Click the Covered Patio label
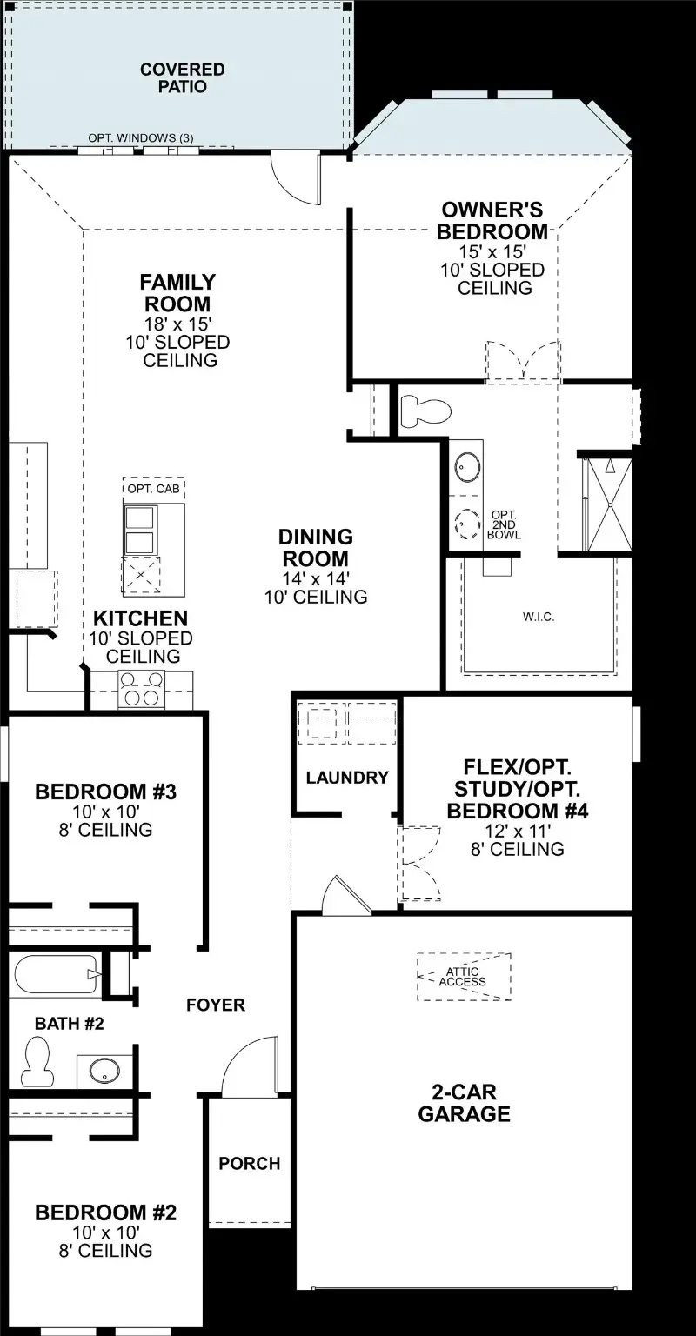click(183, 78)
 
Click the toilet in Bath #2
click(37, 1064)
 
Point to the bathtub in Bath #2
click(56, 976)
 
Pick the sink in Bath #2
click(104, 1070)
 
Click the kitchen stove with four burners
click(141, 688)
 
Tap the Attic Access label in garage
click(463, 977)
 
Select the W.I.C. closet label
click(538, 617)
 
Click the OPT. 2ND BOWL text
click(505, 524)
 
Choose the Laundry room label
click(346, 778)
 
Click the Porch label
click(250, 1163)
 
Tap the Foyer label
click(216, 1005)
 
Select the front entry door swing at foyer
click(251, 1066)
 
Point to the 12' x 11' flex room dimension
click(518, 831)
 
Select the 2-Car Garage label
click(464, 1103)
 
